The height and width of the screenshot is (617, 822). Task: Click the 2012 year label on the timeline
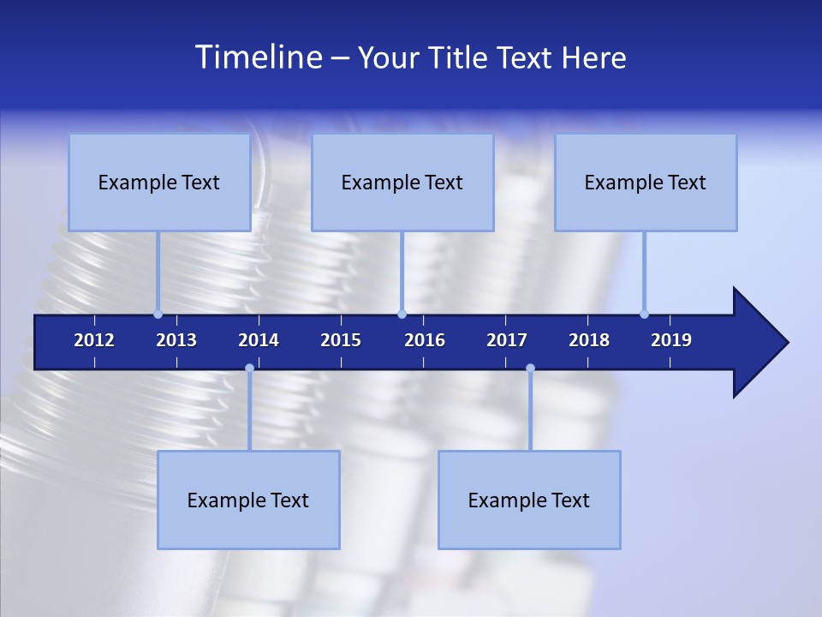click(x=94, y=340)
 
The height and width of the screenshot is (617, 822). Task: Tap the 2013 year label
click(x=176, y=340)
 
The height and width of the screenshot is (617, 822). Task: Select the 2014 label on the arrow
click(x=259, y=340)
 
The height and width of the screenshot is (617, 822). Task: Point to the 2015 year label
click(x=341, y=340)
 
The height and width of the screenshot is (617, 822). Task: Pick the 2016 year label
click(x=425, y=340)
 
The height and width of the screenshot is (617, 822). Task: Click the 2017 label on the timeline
click(x=507, y=340)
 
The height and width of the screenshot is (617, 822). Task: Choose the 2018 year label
click(x=589, y=340)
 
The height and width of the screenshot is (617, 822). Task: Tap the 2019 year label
click(x=671, y=340)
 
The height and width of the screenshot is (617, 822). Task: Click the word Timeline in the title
click(x=257, y=57)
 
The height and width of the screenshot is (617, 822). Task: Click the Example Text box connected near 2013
click(x=159, y=183)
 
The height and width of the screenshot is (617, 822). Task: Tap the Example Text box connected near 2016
click(x=402, y=183)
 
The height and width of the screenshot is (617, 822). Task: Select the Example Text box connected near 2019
click(x=646, y=183)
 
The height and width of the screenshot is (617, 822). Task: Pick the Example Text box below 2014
click(x=248, y=500)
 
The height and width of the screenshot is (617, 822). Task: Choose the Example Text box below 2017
click(x=529, y=500)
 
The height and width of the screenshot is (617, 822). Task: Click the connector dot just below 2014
click(x=249, y=368)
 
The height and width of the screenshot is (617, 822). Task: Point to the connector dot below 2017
click(x=530, y=368)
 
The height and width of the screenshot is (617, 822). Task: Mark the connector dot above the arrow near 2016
click(x=402, y=314)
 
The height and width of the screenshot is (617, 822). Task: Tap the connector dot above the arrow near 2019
click(x=644, y=314)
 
